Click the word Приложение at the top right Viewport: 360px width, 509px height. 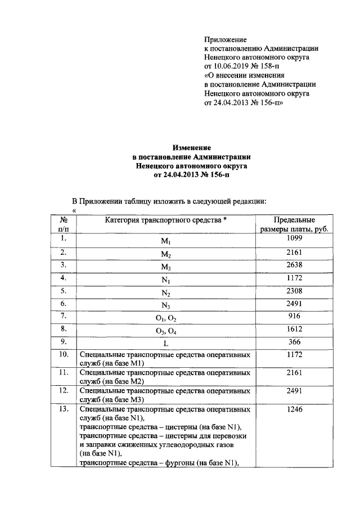[225, 40]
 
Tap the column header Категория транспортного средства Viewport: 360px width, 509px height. [165, 220]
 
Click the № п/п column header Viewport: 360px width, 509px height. [64, 224]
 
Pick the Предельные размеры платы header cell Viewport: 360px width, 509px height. [294, 224]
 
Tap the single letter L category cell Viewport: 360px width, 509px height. [165, 344]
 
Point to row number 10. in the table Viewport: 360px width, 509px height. [64, 354]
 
